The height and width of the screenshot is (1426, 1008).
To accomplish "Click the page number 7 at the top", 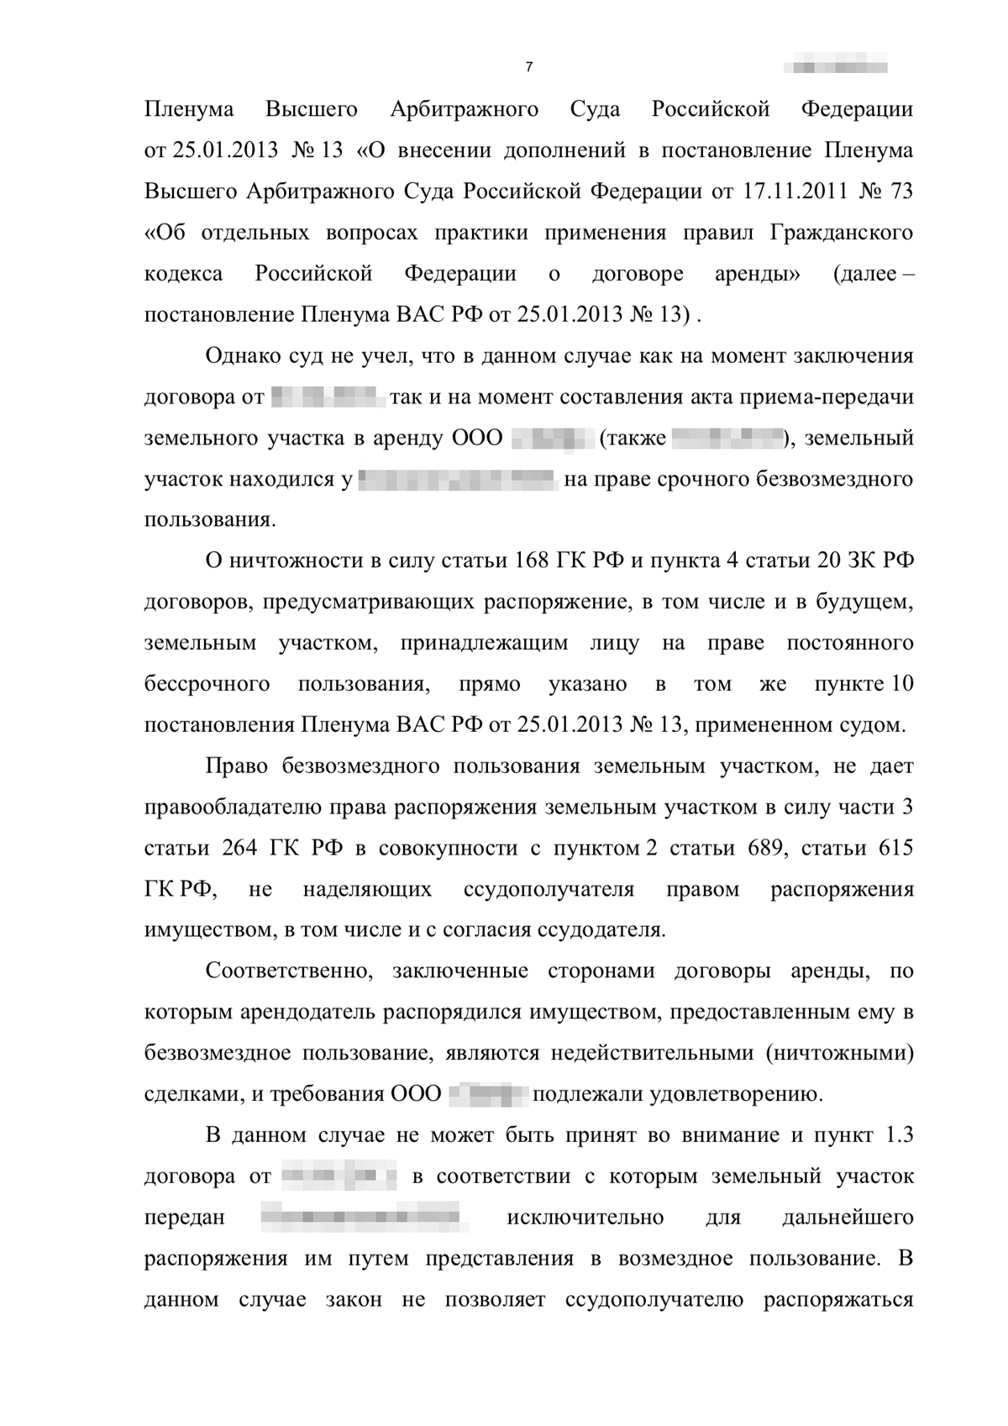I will tap(528, 67).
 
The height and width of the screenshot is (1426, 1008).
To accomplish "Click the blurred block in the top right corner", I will tap(835, 66).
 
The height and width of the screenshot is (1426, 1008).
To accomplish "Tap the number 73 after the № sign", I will tap(900, 192).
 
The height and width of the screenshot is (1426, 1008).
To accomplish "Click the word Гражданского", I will tap(842, 233).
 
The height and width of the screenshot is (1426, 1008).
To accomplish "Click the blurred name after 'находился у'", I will tap(458, 480).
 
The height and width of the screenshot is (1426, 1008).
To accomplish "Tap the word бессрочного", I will tap(207, 685).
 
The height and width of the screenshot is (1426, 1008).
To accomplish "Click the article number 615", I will tap(895, 849).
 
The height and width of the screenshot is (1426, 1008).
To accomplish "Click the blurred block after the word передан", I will tap(361, 1218).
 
